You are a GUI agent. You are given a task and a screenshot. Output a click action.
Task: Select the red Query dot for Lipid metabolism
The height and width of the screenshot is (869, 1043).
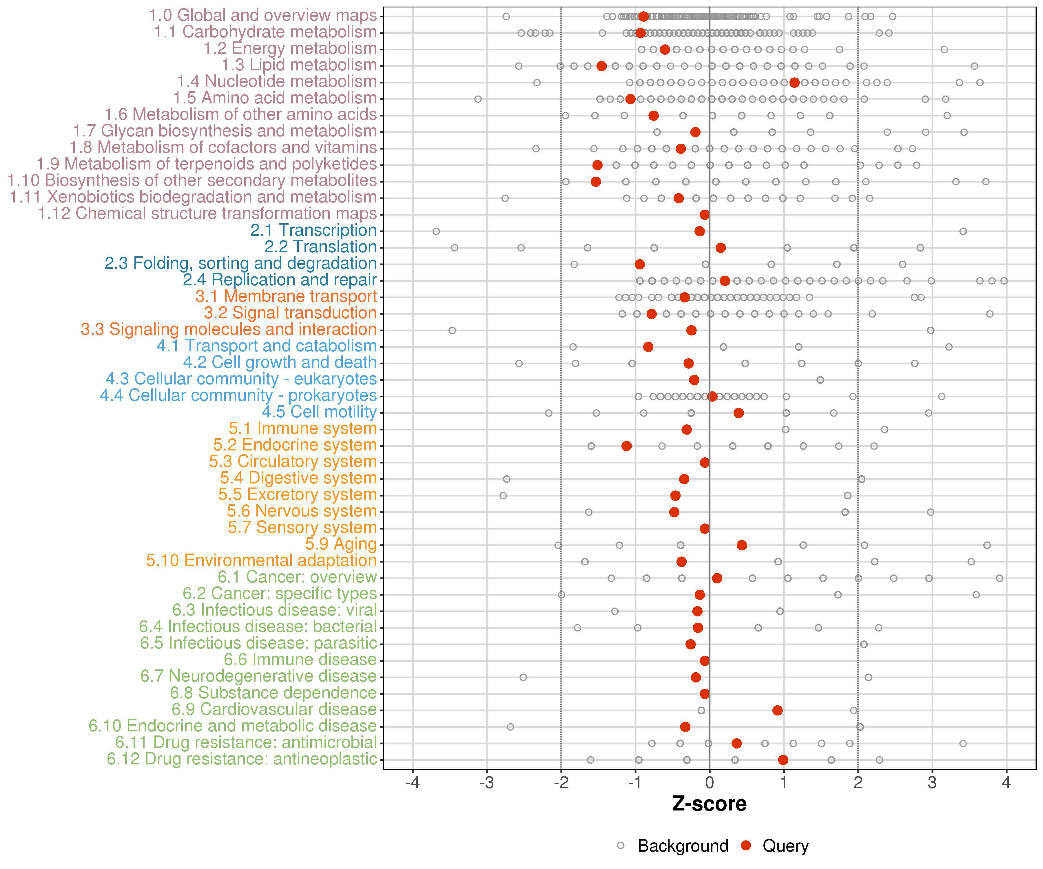pyautogui.click(x=601, y=66)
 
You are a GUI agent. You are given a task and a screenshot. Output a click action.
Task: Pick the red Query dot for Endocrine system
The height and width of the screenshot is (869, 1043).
pyautogui.click(x=626, y=446)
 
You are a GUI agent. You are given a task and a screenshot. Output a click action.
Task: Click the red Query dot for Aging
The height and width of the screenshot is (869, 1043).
pyautogui.click(x=742, y=545)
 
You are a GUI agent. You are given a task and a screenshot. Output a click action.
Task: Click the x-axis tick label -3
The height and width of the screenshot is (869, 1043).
pyautogui.click(x=487, y=783)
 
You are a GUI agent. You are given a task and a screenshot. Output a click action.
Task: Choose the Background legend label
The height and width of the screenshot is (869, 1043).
pyautogui.click(x=683, y=846)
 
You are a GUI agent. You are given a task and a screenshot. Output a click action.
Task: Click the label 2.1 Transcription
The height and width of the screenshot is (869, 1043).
pyautogui.click(x=313, y=230)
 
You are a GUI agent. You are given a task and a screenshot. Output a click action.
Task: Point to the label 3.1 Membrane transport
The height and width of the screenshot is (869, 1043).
pyautogui.click(x=286, y=296)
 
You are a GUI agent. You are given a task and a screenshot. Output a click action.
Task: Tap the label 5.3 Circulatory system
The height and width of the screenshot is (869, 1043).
pyautogui.click(x=293, y=461)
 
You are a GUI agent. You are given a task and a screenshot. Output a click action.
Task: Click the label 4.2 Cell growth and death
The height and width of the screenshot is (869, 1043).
pyautogui.click(x=280, y=362)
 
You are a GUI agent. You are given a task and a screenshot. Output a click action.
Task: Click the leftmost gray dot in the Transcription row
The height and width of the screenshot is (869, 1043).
pyautogui.click(x=436, y=231)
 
